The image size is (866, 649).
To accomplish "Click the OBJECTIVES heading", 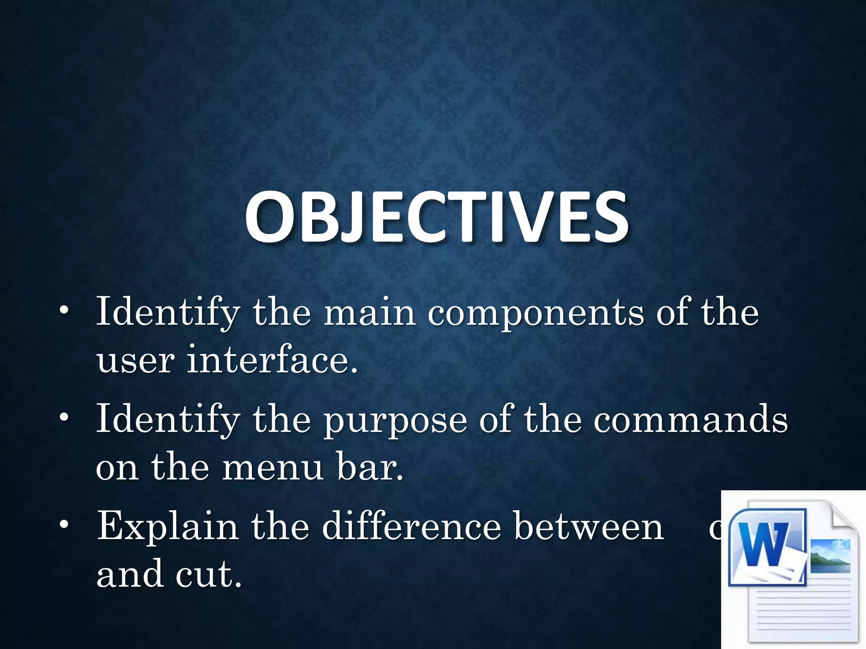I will tap(436, 218).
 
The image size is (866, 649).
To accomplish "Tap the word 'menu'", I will tap(273, 468).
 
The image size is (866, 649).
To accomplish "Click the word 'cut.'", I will tap(209, 574).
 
